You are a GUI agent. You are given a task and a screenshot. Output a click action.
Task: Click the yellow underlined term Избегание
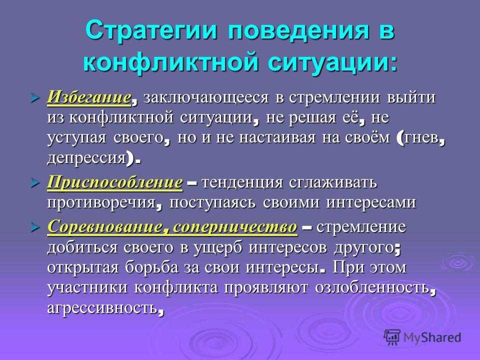pos(89,97)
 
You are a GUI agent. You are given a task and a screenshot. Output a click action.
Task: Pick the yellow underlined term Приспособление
pos(115,183)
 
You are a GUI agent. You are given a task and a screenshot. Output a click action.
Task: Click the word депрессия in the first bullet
pos(86,159)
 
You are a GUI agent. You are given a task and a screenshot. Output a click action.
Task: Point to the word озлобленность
pos(372,287)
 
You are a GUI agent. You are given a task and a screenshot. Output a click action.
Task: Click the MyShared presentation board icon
pos(392,337)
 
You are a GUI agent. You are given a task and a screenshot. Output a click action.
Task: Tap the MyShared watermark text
pos(432,337)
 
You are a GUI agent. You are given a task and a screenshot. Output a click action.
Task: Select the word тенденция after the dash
pos(242,183)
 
